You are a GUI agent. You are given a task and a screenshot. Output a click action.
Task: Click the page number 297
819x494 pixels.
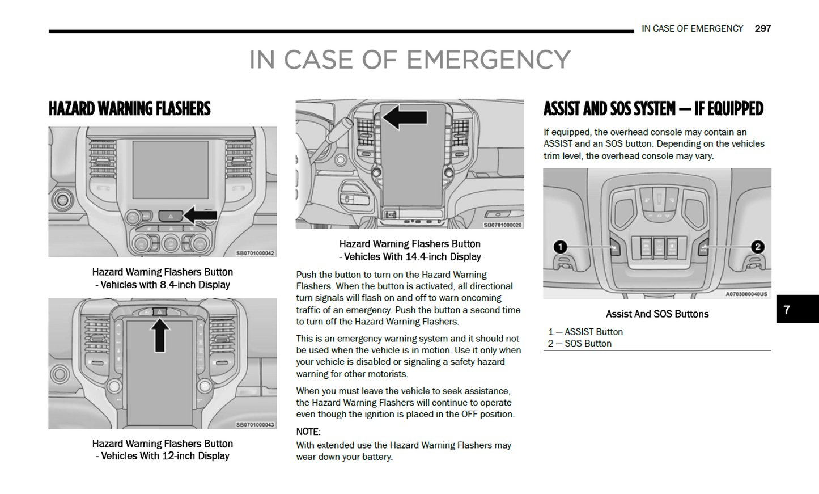pyautogui.click(x=762, y=28)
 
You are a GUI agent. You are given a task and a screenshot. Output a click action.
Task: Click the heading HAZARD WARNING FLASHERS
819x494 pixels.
pyautogui.click(x=129, y=108)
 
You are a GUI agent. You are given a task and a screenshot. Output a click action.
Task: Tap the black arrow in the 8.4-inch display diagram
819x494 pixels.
pyautogui.click(x=201, y=215)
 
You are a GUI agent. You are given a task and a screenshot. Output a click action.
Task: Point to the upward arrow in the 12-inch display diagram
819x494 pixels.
pyautogui.click(x=160, y=335)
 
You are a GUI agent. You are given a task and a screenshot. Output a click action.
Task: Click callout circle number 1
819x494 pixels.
pyautogui.click(x=560, y=247)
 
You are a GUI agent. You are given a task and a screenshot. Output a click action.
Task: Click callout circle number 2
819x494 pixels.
pyautogui.click(x=757, y=247)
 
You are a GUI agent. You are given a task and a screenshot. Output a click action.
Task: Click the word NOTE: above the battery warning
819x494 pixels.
pyautogui.click(x=308, y=432)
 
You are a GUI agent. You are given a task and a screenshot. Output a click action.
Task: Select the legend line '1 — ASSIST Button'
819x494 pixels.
pyautogui.click(x=585, y=332)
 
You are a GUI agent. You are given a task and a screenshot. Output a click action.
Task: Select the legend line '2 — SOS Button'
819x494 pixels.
pyautogui.click(x=579, y=344)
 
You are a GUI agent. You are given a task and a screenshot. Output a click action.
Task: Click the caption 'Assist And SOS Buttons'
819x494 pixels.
pyautogui.click(x=657, y=314)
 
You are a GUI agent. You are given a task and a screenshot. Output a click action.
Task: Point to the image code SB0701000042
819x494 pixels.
pyautogui.click(x=255, y=253)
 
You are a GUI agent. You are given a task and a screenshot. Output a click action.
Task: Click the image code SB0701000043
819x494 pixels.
pyautogui.click(x=255, y=424)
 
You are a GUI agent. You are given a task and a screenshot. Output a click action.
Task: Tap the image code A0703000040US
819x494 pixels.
pyautogui.click(x=746, y=294)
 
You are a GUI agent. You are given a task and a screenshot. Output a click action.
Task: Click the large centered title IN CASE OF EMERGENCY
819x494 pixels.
pyautogui.click(x=410, y=60)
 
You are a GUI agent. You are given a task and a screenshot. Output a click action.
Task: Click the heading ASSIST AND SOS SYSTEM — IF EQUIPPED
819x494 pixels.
pyautogui.click(x=653, y=108)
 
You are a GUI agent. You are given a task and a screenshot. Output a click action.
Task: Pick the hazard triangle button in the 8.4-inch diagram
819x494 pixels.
pyautogui.click(x=171, y=216)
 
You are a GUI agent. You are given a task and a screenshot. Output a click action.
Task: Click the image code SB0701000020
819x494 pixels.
pyautogui.click(x=502, y=225)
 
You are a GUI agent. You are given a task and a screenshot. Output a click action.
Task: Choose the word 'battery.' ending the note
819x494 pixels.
pyautogui.click(x=375, y=457)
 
